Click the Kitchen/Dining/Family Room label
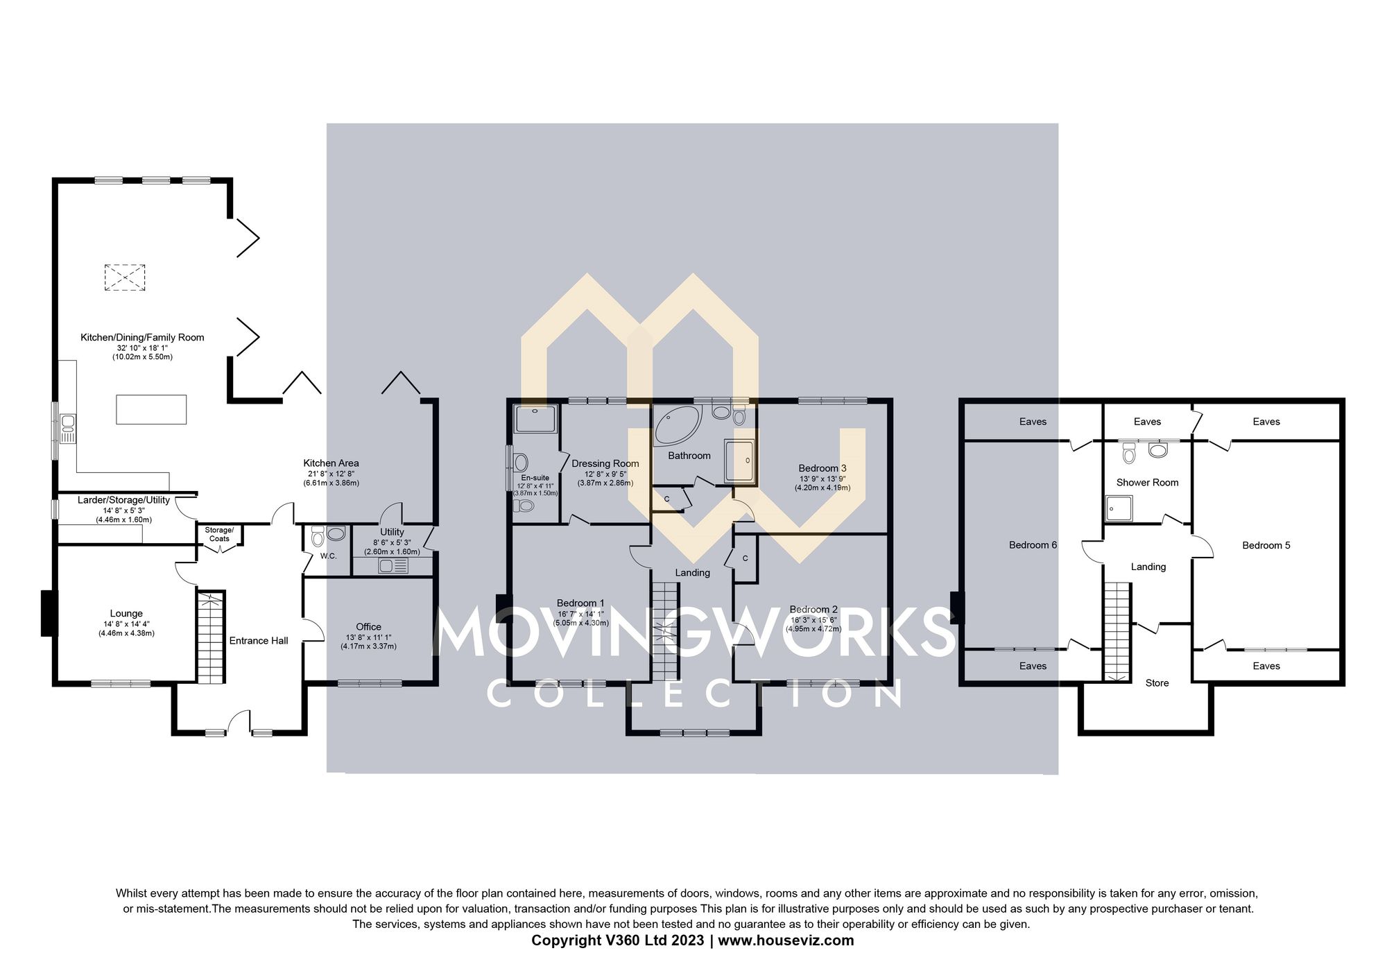click(142, 338)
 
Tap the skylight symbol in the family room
click(125, 277)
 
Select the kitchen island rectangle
click(151, 409)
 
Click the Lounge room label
click(126, 614)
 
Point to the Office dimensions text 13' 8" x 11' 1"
click(368, 637)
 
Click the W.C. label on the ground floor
click(328, 556)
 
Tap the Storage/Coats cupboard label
click(219, 534)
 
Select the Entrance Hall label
click(259, 641)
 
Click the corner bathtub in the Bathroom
click(676, 424)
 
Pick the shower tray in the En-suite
click(535, 419)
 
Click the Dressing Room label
click(605, 464)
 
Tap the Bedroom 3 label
click(822, 468)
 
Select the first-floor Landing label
click(692, 573)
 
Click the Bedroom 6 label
click(1033, 545)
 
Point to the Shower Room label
click(1147, 483)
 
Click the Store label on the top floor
click(1157, 683)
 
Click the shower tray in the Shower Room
click(1119, 508)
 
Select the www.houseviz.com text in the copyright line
click(786, 941)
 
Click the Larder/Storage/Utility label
click(123, 500)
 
